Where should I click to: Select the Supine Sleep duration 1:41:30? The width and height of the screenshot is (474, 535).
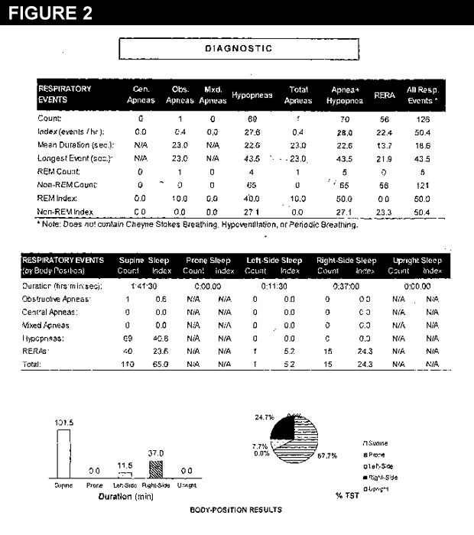[x=144, y=285]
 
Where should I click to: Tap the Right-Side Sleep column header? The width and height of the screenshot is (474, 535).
[x=345, y=259]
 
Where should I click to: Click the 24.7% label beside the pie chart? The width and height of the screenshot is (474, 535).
[x=265, y=417]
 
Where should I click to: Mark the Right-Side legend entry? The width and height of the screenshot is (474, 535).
[x=385, y=476]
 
